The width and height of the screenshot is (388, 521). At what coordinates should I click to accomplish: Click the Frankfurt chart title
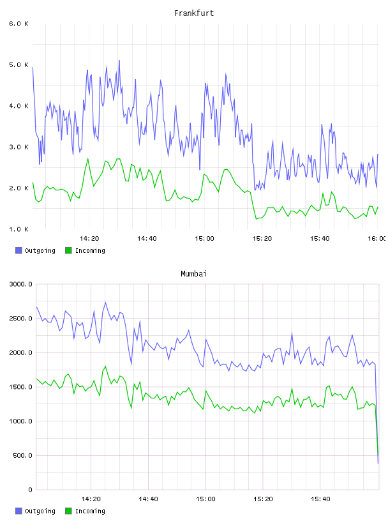[194, 13]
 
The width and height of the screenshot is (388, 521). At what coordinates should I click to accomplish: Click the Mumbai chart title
[193, 274]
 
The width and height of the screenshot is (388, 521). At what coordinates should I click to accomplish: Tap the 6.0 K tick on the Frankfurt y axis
[19, 24]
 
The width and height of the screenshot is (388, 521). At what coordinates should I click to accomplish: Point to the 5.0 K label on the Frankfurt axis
[19, 64]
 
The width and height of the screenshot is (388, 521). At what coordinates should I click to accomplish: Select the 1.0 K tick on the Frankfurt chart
[19, 229]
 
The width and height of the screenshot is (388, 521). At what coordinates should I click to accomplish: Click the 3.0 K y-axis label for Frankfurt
[19, 147]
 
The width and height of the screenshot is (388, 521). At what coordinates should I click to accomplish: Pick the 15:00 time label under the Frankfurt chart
[204, 239]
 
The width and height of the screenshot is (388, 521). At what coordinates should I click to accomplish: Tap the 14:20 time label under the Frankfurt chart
[89, 239]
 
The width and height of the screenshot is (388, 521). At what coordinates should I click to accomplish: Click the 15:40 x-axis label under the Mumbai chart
[320, 499]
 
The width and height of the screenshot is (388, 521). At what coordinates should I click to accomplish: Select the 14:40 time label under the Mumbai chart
[148, 499]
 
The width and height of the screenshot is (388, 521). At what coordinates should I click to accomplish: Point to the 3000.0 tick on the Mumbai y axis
[20, 284]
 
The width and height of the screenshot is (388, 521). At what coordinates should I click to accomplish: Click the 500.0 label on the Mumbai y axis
[22, 455]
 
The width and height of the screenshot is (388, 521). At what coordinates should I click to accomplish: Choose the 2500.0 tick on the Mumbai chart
[20, 319]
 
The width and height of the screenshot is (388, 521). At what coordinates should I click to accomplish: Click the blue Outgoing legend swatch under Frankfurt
[19, 250]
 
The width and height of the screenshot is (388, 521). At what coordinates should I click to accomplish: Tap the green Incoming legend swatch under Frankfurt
[68, 250]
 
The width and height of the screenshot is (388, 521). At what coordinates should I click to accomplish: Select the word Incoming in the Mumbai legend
[90, 511]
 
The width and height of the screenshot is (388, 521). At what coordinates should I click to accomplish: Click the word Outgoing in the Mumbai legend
[40, 511]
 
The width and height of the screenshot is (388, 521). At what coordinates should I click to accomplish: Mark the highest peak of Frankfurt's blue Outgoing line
[119, 61]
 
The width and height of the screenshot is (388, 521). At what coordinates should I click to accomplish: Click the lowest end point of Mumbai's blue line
[378, 463]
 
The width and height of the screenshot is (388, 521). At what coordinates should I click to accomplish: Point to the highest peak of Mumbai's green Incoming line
[106, 366]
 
